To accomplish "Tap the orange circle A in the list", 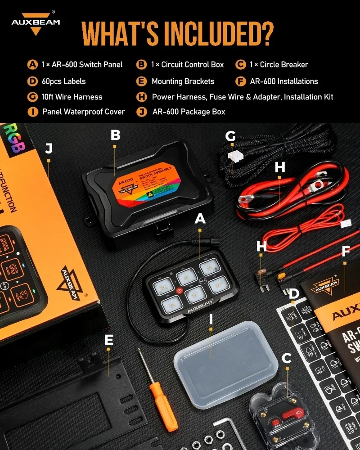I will (32, 64).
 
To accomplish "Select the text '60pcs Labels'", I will (63, 81).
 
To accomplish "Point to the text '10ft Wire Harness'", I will (72, 97).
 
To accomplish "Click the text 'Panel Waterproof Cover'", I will (83, 112).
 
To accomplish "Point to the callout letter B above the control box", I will (115, 135).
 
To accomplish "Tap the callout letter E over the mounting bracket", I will (108, 340).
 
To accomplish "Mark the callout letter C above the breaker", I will (286, 359).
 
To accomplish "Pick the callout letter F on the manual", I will (346, 251).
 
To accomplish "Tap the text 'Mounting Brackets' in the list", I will (183, 81).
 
